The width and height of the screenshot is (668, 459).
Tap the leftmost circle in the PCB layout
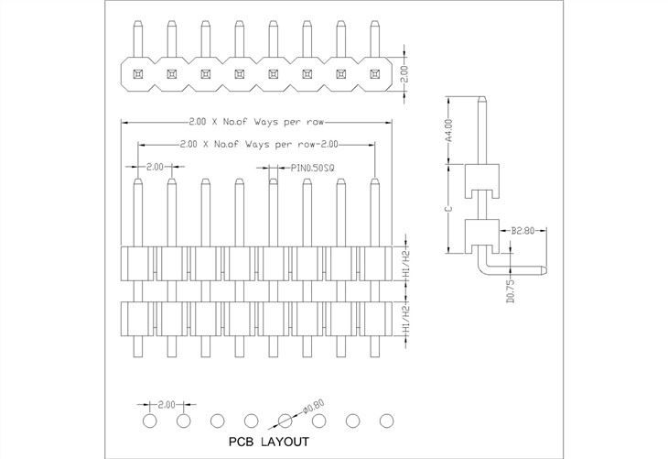pos(150,421)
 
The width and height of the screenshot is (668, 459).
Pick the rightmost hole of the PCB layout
pos(386,421)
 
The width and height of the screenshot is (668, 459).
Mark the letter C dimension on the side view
pos(448,209)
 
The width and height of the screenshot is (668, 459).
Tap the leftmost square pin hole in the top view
pos(136,71)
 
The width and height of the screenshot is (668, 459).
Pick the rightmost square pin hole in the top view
pos(374,71)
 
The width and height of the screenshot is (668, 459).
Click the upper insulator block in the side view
pos(480,180)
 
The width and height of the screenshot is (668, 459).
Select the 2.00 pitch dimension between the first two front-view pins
pos(154,168)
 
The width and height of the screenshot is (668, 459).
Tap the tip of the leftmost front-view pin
pos(137,182)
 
